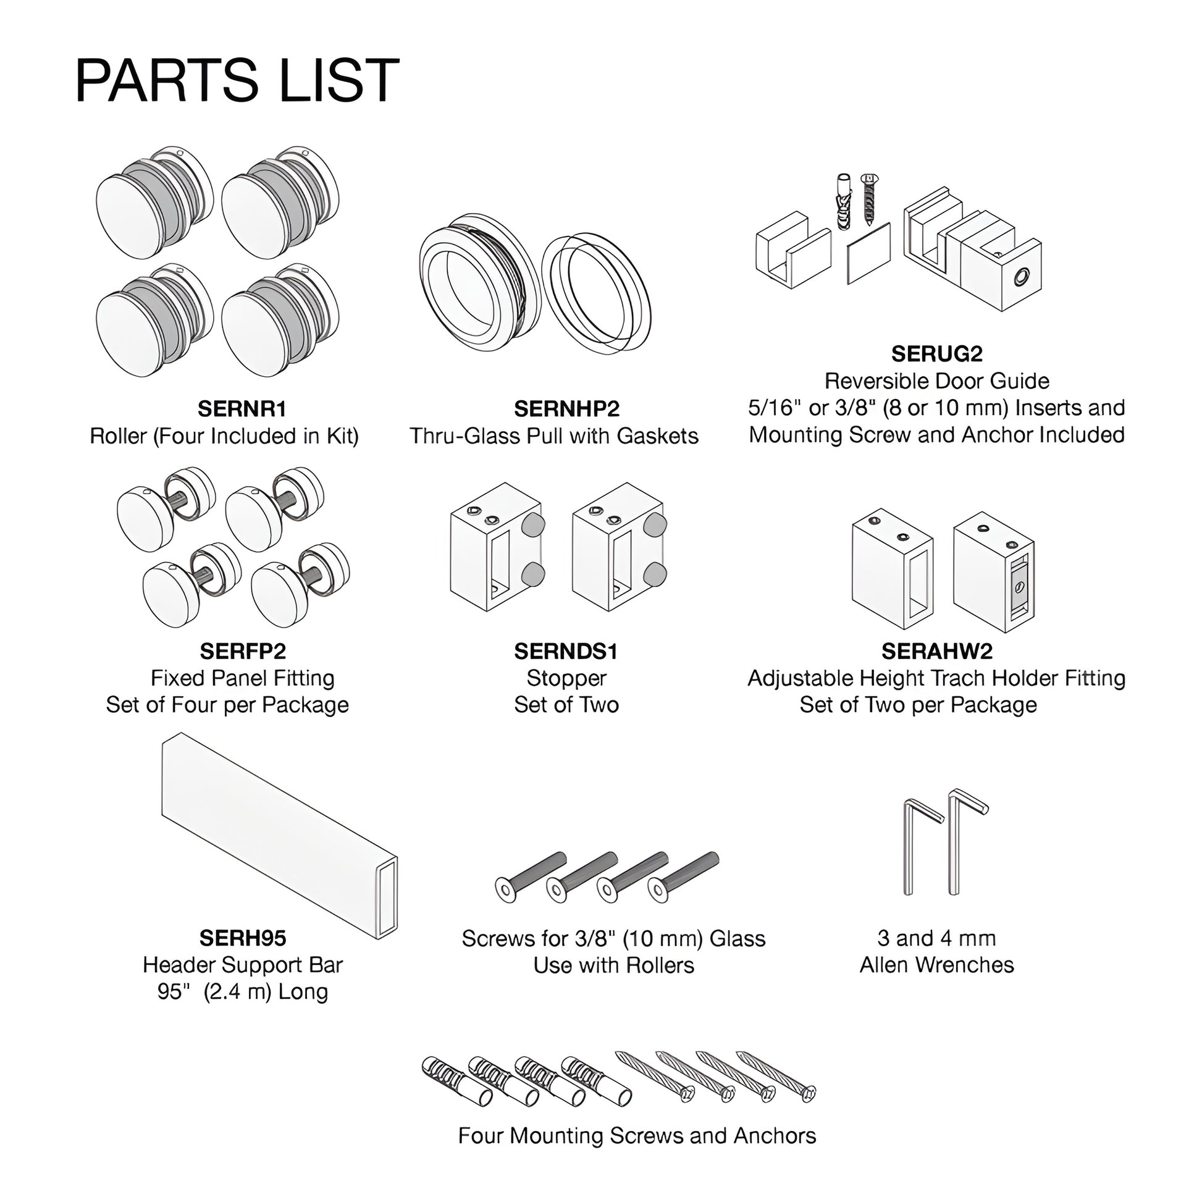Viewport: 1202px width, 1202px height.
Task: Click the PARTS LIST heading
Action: click(x=237, y=80)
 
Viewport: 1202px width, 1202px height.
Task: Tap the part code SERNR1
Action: click(x=242, y=409)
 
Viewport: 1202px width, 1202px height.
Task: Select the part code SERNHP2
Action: click(x=567, y=409)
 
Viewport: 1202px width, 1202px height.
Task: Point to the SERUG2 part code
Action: click(x=936, y=353)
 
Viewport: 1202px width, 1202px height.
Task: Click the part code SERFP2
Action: click(x=243, y=651)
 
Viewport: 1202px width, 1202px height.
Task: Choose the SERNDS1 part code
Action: click(x=566, y=651)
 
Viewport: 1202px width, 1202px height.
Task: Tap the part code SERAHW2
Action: click(x=937, y=651)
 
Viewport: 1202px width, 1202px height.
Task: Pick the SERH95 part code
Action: click(x=243, y=938)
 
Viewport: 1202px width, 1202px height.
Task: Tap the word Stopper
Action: click(x=566, y=678)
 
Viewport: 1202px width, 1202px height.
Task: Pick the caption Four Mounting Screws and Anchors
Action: click(x=636, y=1135)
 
